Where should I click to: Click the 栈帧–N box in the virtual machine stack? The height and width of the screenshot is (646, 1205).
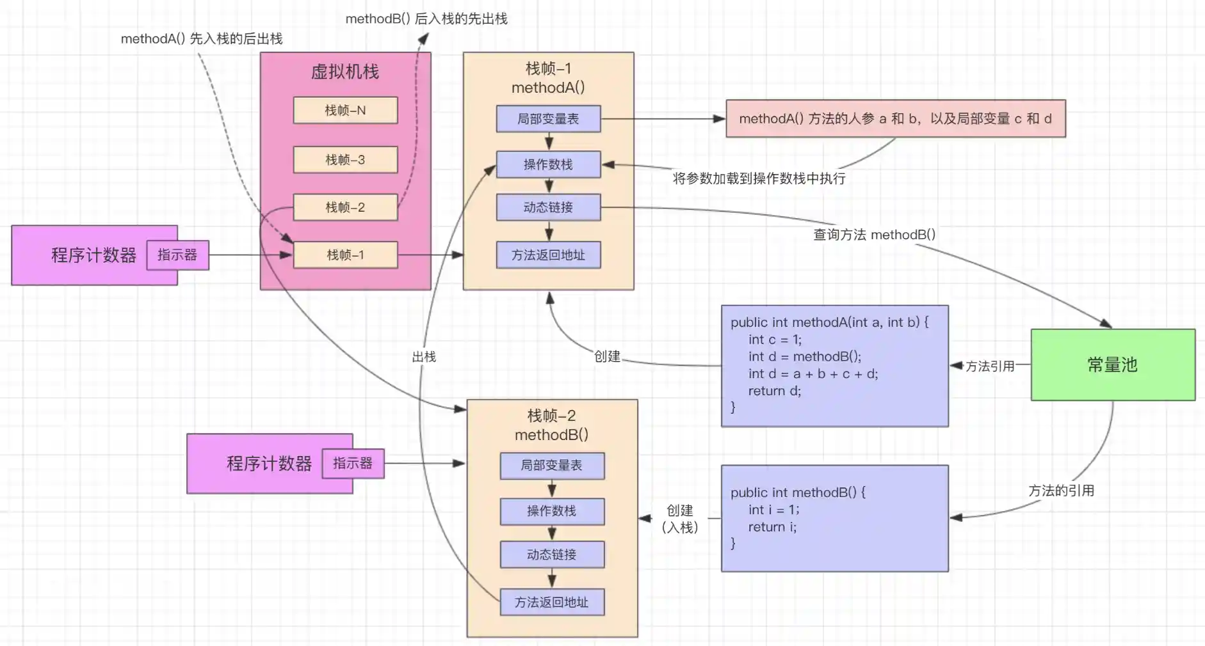click(345, 110)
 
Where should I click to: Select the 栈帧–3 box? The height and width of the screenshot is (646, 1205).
click(345, 159)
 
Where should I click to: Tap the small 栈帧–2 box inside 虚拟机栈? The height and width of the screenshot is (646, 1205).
click(345, 207)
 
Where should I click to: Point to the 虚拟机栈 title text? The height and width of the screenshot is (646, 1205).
click(345, 72)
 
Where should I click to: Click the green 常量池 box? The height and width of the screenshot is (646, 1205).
click(1113, 365)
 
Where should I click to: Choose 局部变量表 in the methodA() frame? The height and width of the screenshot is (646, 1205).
click(548, 119)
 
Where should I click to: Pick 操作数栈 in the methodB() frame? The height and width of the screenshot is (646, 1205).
click(552, 511)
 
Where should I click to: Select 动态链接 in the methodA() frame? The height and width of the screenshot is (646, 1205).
click(548, 207)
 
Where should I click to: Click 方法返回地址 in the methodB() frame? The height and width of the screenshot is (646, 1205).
click(552, 602)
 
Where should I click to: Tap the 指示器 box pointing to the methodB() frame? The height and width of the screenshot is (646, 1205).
click(353, 463)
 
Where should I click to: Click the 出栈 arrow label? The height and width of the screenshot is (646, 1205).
click(424, 357)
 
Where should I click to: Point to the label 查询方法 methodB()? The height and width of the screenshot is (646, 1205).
click(874, 235)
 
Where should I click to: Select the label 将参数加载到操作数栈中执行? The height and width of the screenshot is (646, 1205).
click(759, 178)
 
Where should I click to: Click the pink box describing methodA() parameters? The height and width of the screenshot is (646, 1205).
click(895, 118)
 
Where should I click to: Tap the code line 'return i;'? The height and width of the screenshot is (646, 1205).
click(772, 527)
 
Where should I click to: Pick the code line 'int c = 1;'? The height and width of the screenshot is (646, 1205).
click(775, 340)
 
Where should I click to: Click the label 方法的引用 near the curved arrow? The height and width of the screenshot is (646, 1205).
click(1061, 491)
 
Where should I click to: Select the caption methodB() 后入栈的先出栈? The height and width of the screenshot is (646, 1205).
click(426, 19)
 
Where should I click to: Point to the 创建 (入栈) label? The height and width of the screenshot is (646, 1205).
click(680, 519)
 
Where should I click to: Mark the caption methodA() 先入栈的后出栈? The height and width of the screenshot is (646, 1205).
click(202, 39)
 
